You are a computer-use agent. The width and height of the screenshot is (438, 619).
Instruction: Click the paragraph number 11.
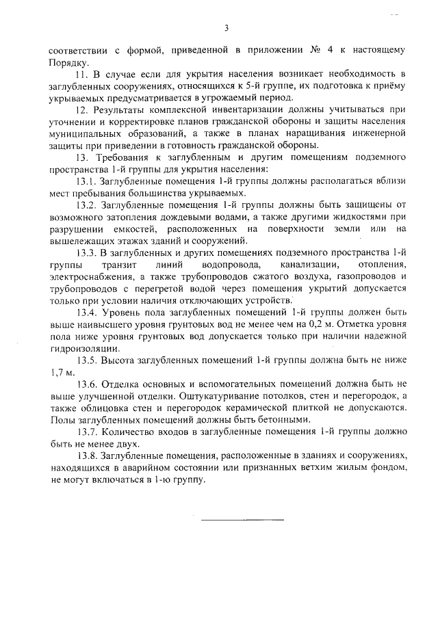81,73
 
